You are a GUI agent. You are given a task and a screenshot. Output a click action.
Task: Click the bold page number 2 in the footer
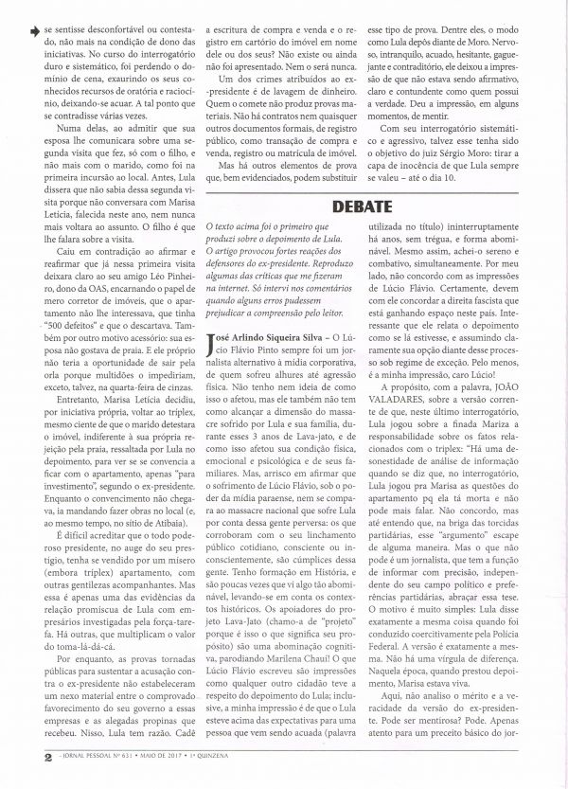coord(22,780)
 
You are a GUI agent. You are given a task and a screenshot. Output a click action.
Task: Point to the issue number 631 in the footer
coord(110,780)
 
